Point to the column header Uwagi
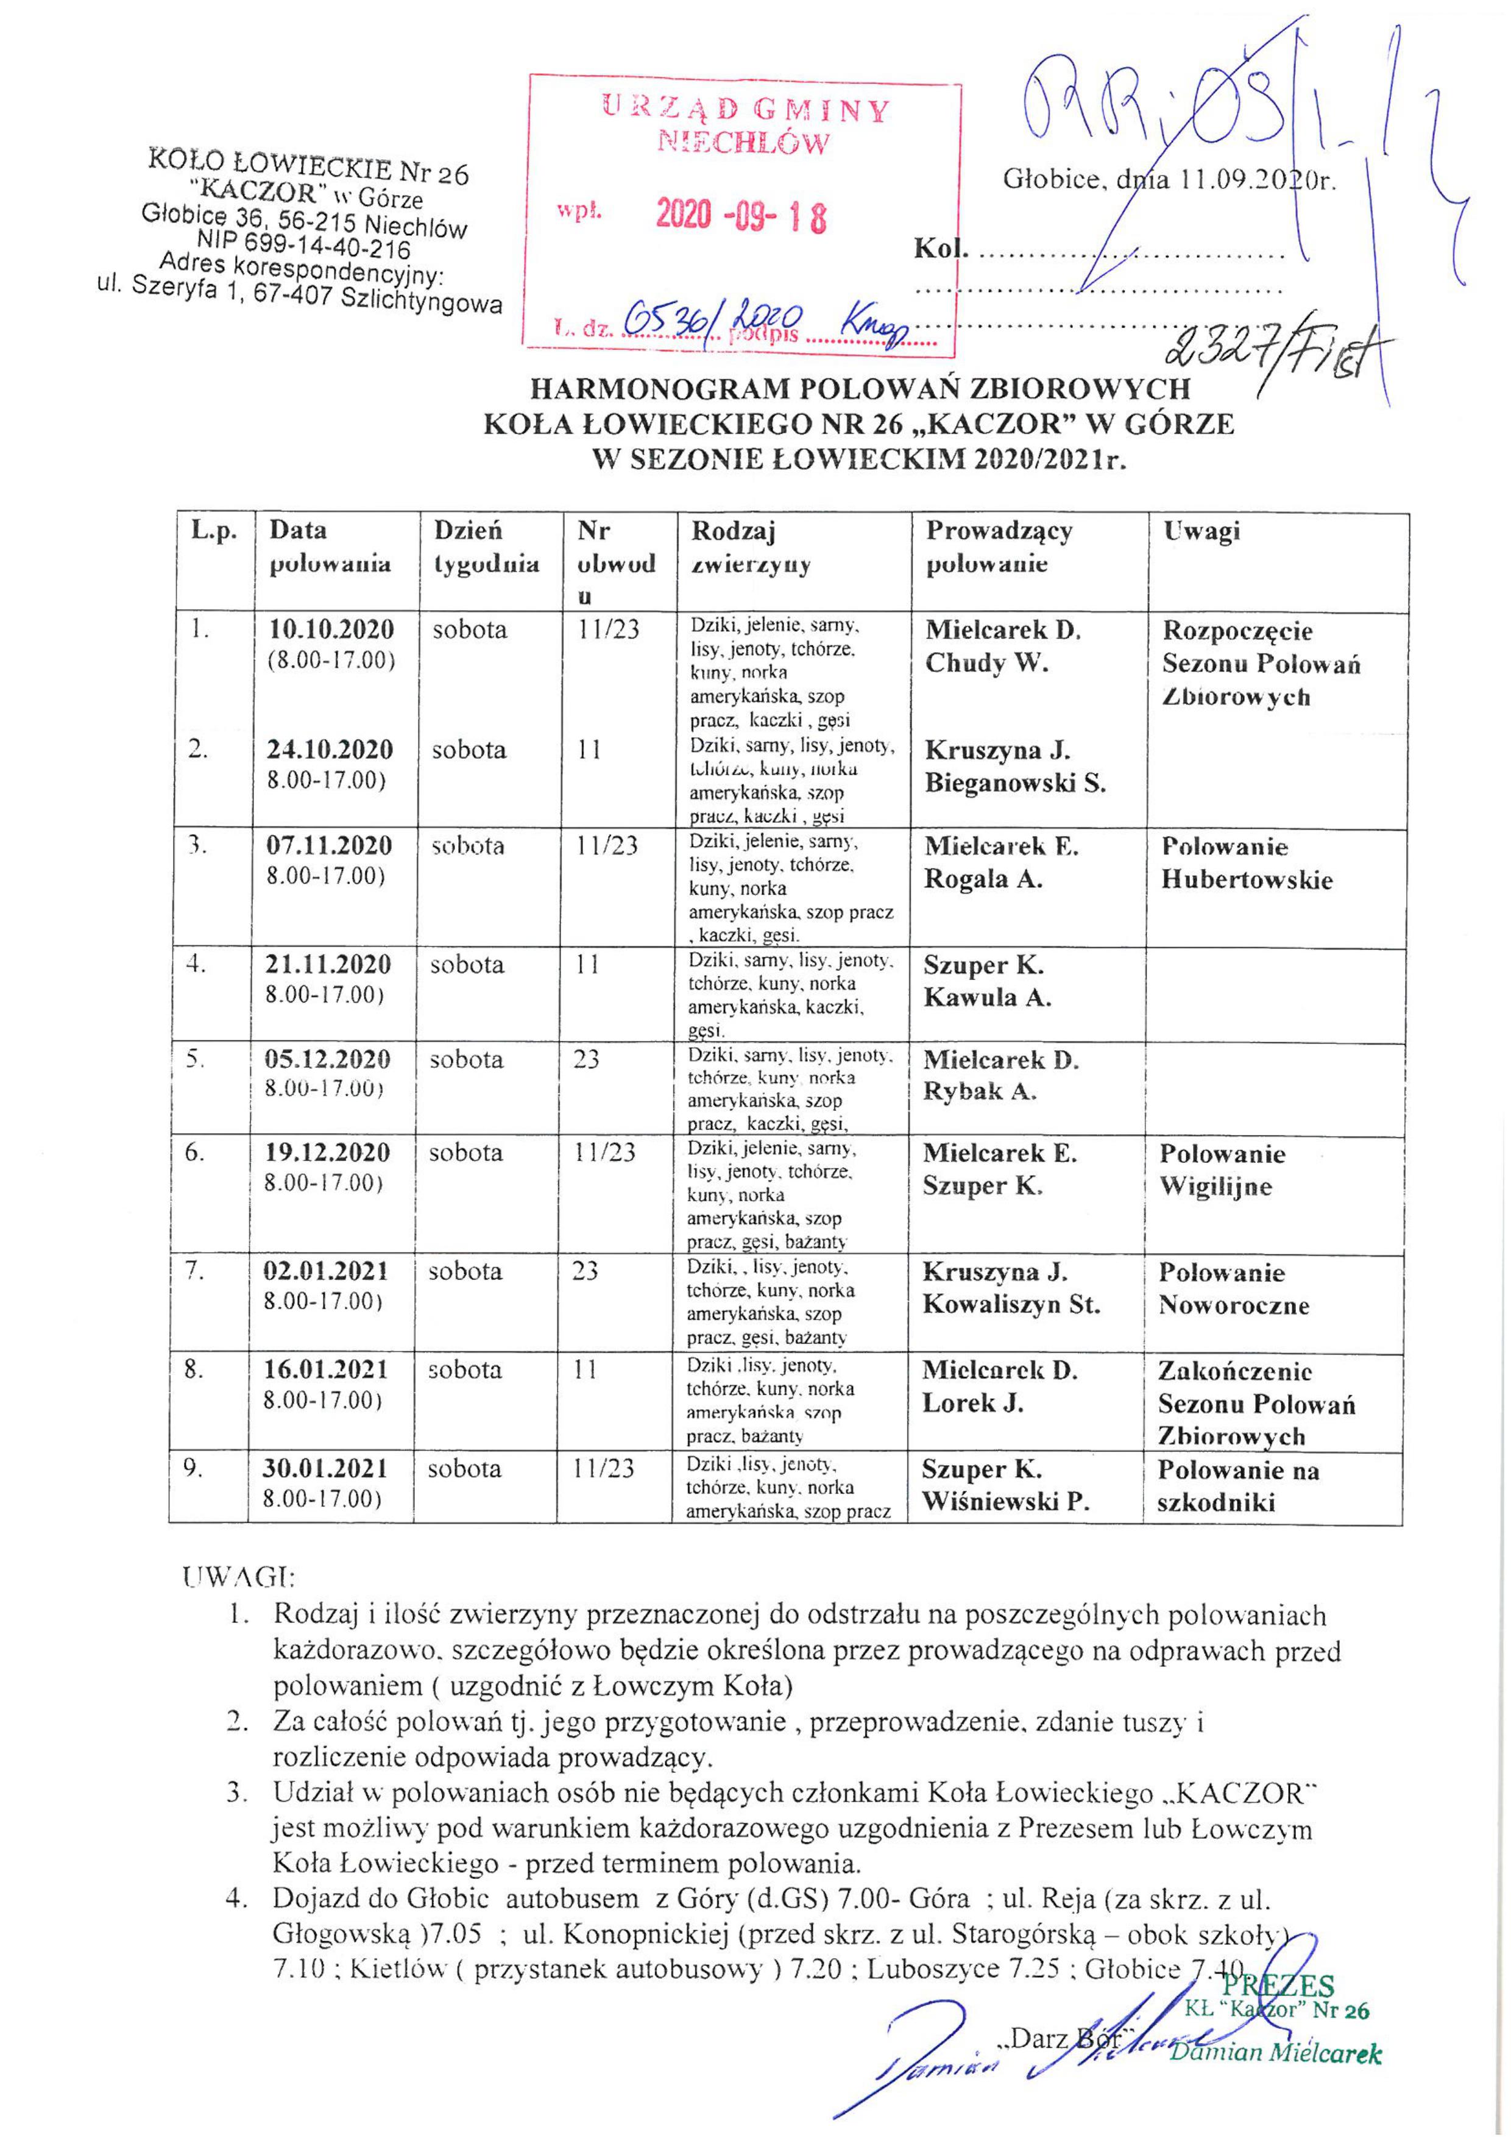point(1201,531)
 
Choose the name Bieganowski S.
point(1015,783)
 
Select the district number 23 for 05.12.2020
point(587,1060)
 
